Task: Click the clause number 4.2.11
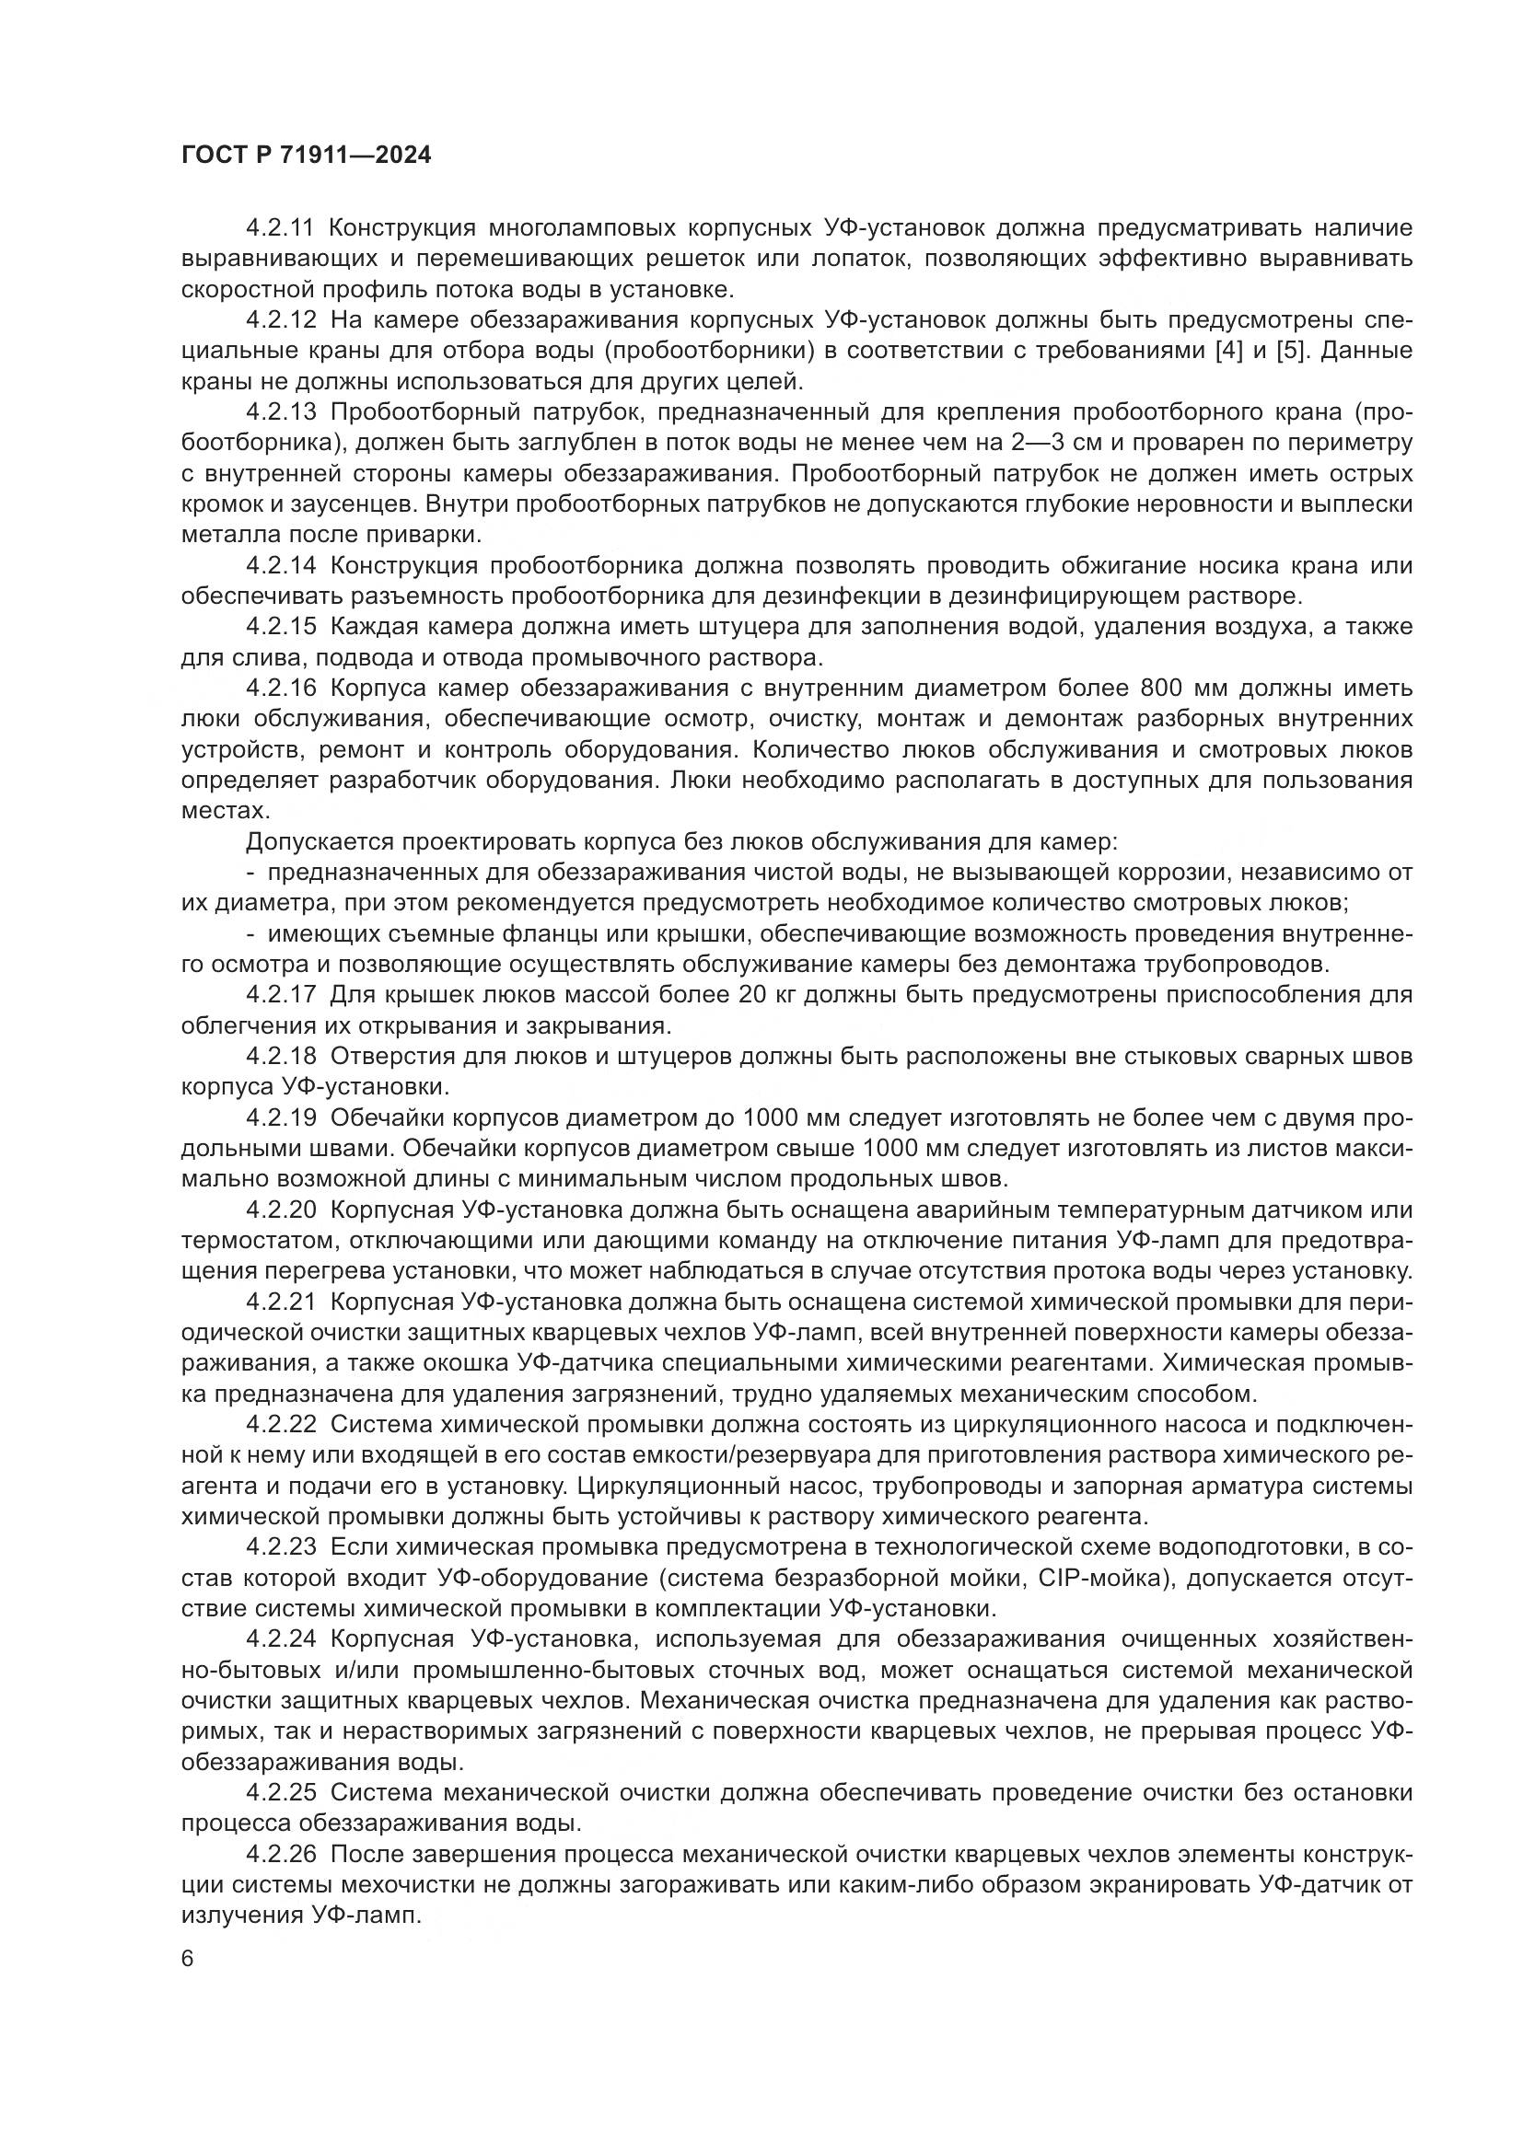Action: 282,228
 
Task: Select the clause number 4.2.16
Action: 282,689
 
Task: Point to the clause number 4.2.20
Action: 282,1210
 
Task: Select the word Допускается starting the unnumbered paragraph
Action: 310,842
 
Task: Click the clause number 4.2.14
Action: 282,566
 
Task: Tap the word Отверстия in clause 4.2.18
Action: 390,1057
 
